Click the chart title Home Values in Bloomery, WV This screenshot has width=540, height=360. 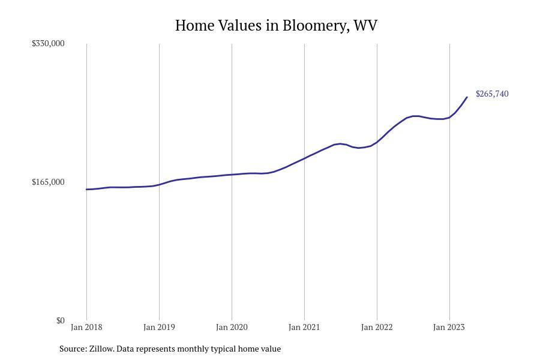(x=276, y=26)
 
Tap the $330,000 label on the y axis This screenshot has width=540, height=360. (x=48, y=43)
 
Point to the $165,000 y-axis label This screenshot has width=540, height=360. (x=48, y=182)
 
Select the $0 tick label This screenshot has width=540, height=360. (x=60, y=320)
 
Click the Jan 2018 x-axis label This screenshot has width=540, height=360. (x=86, y=327)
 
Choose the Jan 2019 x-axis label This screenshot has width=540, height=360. (x=159, y=327)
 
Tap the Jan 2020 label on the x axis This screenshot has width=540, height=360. (x=232, y=327)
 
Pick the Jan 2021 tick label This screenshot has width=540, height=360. (x=304, y=327)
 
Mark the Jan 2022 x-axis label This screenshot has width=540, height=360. (x=377, y=327)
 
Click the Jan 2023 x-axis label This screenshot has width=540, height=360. (x=449, y=327)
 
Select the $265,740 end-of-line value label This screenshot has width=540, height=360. (x=492, y=94)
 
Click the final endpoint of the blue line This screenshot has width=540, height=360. (x=467, y=97)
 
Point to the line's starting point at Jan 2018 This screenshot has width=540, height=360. (x=86, y=190)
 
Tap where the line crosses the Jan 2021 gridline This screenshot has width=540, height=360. (x=304, y=158)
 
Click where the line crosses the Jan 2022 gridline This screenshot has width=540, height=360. (x=377, y=142)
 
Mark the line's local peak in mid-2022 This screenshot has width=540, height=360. (x=415, y=116)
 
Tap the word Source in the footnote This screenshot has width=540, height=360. (x=72, y=349)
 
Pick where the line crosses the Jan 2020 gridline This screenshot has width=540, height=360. (x=232, y=175)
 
